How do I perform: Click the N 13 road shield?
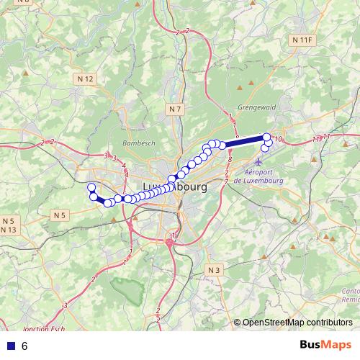9,229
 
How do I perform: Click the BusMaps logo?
325,345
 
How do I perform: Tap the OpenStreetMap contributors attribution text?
297,323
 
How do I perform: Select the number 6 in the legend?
24,346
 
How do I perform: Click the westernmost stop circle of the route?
91,188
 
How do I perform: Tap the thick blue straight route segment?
245,141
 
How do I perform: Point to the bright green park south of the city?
130,291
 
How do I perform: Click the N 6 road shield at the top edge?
23,2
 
